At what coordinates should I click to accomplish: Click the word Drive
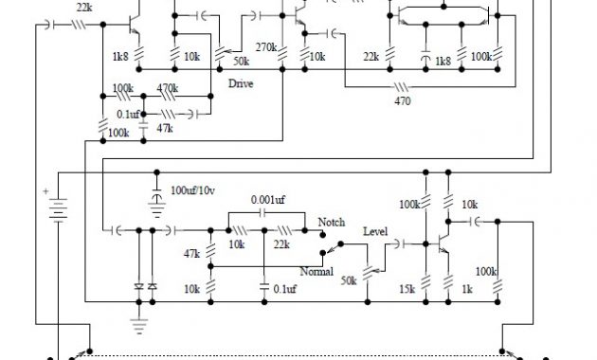[241, 83]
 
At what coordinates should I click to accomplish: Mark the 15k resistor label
[408, 287]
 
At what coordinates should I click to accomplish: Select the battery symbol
[59, 210]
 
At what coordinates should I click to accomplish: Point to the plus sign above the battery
[44, 190]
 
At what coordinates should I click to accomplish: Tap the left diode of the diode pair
[138, 284]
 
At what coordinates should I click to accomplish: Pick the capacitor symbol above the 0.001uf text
[262, 215]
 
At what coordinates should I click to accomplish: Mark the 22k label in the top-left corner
[83, 7]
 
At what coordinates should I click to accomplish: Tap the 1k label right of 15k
[465, 287]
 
